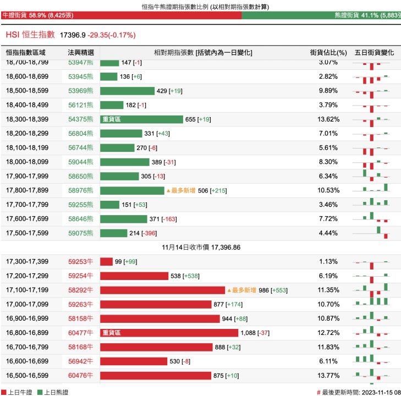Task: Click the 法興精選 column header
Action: coord(80,53)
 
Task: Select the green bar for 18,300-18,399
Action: coord(141,119)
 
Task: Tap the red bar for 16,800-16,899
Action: coord(169,333)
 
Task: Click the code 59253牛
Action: coord(80,261)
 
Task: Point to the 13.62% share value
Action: coord(328,119)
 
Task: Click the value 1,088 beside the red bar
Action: coord(250,333)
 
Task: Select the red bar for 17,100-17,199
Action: coord(162,290)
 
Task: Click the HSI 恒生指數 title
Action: coord(30,35)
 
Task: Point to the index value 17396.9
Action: coord(73,35)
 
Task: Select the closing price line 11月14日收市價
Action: coord(200,248)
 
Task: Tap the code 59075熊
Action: coord(80,233)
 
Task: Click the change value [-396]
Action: coord(149,233)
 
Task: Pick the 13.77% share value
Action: coord(328,376)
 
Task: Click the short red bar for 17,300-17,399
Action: coord(106,261)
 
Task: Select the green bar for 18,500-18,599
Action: coord(127,91)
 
